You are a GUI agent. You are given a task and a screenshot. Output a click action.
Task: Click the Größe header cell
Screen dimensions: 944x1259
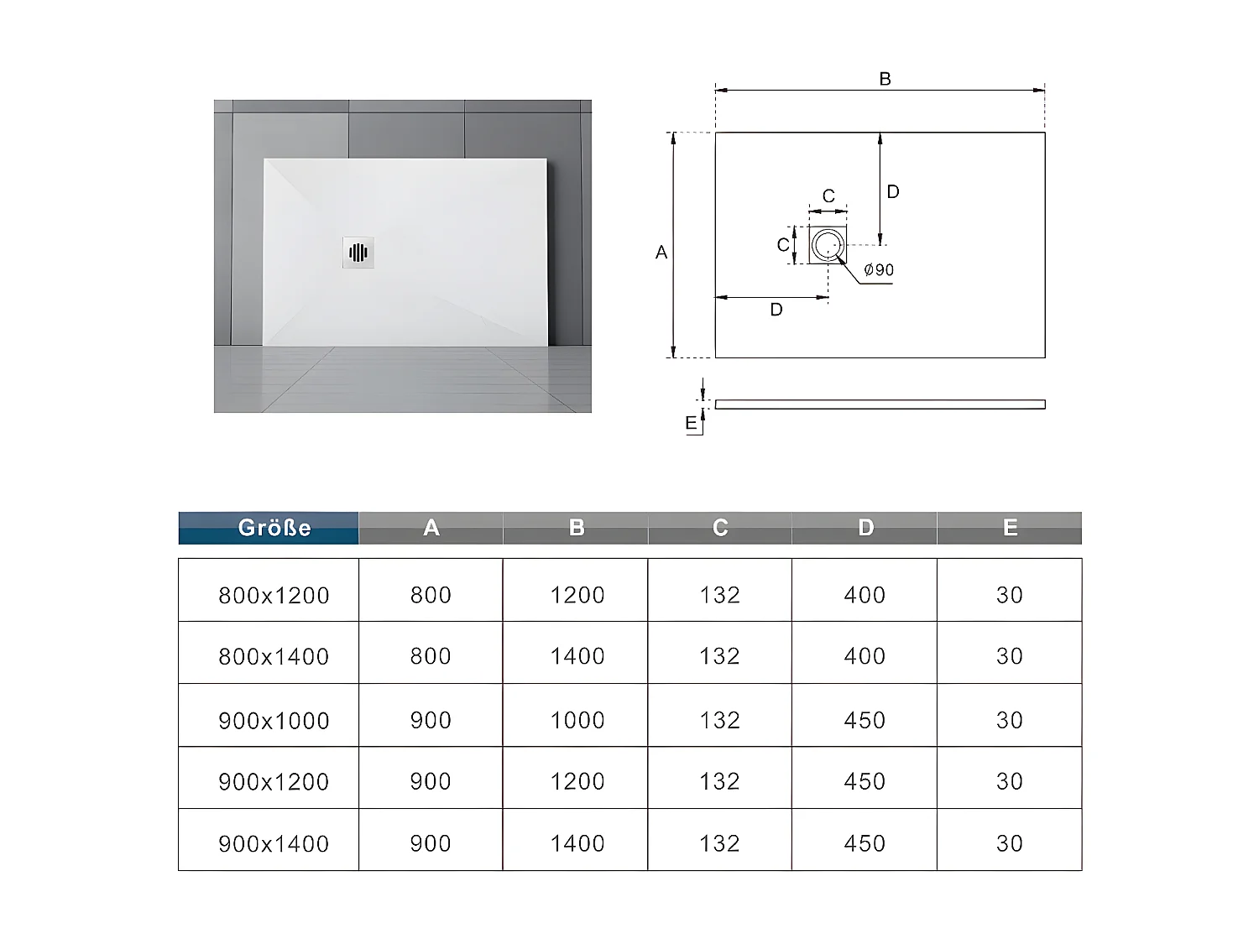pyautogui.click(x=274, y=528)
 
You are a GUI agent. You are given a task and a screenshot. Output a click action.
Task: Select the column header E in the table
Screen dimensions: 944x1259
pyautogui.click(x=1010, y=528)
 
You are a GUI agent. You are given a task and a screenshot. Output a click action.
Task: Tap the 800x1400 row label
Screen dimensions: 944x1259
pyautogui.click(x=274, y=656)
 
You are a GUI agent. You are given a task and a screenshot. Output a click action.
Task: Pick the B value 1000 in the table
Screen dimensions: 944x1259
pyautogui.click(x=577, y=720)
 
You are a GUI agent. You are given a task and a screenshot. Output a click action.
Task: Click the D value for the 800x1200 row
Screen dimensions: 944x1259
pyautogui.click(x=865, y=595)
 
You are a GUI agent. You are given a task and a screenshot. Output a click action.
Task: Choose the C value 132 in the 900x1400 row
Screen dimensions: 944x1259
pyautogui.click(x=719, y=843)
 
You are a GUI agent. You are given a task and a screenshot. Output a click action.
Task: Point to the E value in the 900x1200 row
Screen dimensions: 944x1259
pyautogui.click(x=1009, y=781)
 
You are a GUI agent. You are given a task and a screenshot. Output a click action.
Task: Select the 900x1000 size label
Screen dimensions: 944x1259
pyautogui.click(x=274, y=720)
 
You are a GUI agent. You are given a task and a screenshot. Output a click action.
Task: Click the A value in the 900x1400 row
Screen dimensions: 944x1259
pyautogui.click(x=431, y=843)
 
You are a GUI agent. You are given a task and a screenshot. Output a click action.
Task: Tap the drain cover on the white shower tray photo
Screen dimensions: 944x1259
pyautogui.click(x=358, y=252)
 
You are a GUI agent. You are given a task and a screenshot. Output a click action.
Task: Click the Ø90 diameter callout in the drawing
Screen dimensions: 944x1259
pyautogui.click(x=879, y=270)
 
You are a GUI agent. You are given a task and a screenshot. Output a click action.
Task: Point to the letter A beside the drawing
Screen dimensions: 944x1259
pyautogui.click(x=661, y=252)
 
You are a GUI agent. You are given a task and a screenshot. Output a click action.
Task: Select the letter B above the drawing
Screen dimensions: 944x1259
pyautogui.click(x=885, y=79)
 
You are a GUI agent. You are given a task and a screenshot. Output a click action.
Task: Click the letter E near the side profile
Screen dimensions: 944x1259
pyautogui.click(x=691, y=423)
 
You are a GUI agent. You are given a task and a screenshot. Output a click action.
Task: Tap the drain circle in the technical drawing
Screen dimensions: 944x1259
pyautogui.click(x=828, y=245)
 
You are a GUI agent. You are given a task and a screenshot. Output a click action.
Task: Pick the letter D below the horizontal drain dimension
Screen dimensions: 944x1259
pyautogui.click(x=776, y=310)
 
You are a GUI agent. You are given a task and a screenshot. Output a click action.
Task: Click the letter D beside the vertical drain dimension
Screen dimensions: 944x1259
pyautogui.click(x=893, y=192)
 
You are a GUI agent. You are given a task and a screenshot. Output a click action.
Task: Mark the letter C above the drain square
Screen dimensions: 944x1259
pyautogui.click(x=828, y=196)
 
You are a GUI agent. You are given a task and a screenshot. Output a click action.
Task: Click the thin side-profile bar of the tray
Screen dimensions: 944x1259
pyautogui.click(x=880, y=404)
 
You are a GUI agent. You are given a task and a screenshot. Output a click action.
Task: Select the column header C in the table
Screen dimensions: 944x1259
pyautogui.click(x=720, y=528)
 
